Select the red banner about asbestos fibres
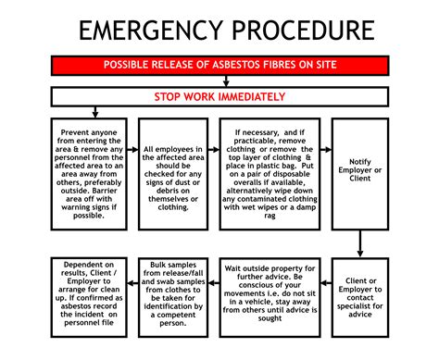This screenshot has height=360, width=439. tap(219, 67)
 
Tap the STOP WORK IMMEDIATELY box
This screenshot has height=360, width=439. tap(219, 96)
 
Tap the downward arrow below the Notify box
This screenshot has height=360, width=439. tap(359, 242)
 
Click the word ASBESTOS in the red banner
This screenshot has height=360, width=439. tap(240, 67)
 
